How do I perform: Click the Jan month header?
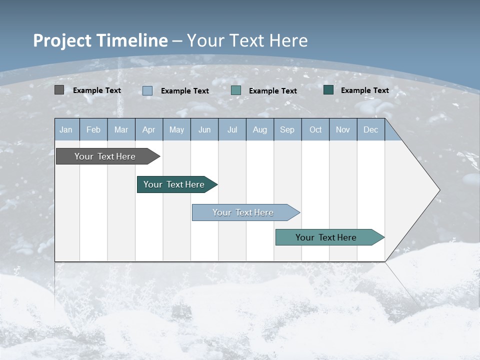click(x=66, y=129)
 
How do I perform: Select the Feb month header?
click(x=93, y=129)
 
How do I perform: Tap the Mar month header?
click(x=121, y=129)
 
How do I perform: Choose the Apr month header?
click(x=149, y=129)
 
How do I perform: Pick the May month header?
click(x=176, y=129)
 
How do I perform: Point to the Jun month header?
click(x=204, y=129)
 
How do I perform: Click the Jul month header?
click(x=232, y=129)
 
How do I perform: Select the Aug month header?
click(x=260, y=129)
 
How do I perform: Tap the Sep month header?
click(x=287, y=129)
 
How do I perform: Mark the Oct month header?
click(x=315, y=129)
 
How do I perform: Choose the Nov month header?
click(x=343, y=129)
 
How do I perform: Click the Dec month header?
click(x=371, y=129)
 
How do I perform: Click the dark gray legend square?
click(x=59, y=90)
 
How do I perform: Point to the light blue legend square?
click(x=147, y=90)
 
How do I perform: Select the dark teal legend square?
click(x=328, y=90)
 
